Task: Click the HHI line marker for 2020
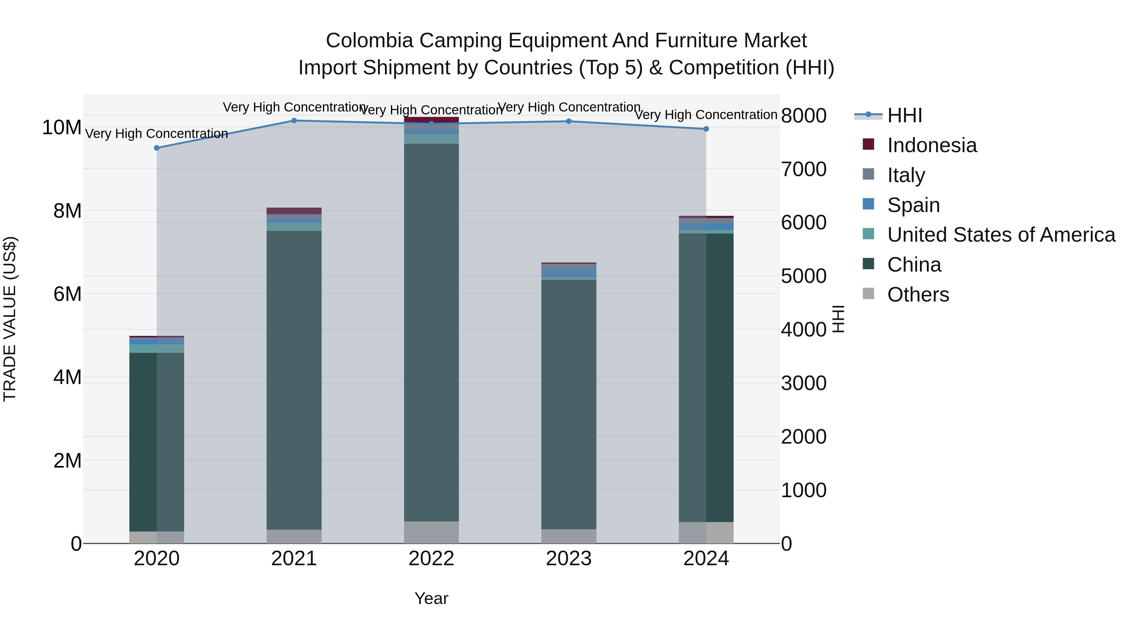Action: [157, 148]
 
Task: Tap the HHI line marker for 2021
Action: [294, 121]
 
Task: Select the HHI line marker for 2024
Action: [706, 129]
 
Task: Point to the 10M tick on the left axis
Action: [62, 128]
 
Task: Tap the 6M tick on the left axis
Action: [67, 294]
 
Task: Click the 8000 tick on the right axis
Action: [803, 116]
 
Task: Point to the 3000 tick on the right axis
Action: [803, 383]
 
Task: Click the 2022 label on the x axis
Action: [431, 559]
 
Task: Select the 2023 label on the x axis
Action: [569, 559]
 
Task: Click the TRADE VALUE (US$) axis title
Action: [10, 319]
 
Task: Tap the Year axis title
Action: [431, 598]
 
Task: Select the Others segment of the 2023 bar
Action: [569, 536]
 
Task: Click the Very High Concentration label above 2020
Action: [157, 133]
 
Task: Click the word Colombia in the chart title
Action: [369, 41]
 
